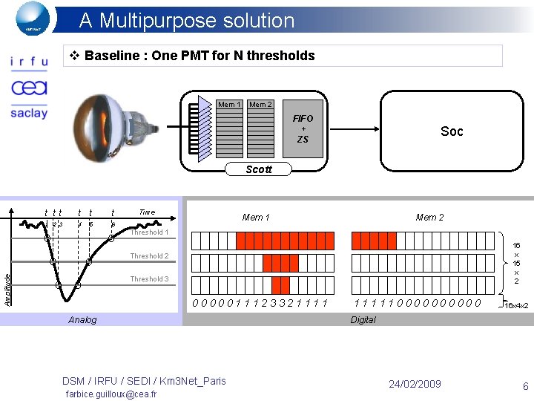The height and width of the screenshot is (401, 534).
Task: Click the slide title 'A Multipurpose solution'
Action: [x=186, y=20]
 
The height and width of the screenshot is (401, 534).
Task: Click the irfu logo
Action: [x=28, y=63]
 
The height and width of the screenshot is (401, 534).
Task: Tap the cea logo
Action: [x=29, y=88]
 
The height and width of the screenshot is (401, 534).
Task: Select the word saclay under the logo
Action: [x=29, y=113]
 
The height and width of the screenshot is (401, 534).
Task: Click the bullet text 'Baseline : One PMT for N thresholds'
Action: [x=200, y=56]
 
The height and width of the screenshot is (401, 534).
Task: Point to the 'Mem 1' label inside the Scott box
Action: [x=229, y=105]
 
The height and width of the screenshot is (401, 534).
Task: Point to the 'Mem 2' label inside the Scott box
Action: [x=260, y=105]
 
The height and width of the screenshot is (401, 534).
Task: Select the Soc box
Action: [x=452, y=131]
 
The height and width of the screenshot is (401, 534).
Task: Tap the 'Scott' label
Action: [x=259, y=169]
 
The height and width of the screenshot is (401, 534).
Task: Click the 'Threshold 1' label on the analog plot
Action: [x=149, y=232]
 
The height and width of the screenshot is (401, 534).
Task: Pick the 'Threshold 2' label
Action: [x=149, y=256]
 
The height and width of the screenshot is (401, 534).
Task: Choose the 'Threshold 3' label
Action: [x=149, y=279]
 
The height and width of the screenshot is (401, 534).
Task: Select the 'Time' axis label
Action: [x=147, y=212]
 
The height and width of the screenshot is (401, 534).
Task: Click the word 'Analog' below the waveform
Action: [x=82, y=320]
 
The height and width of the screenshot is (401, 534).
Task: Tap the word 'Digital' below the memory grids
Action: [x=363, y=320]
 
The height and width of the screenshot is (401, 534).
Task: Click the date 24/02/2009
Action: [x=415, y=384]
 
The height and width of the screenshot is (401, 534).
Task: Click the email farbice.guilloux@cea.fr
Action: [x=111, y=394]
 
